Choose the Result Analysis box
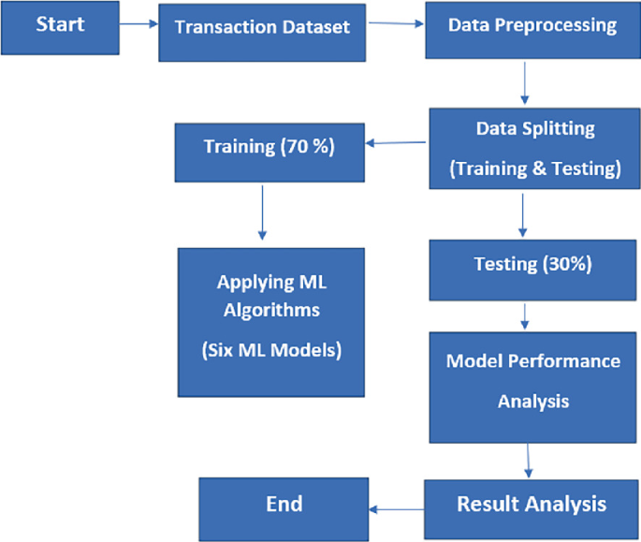point(532,505)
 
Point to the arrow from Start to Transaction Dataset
point(140,25)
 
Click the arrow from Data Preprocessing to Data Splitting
point(525,84)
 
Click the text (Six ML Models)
point(271,351)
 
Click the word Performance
point(574,360)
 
